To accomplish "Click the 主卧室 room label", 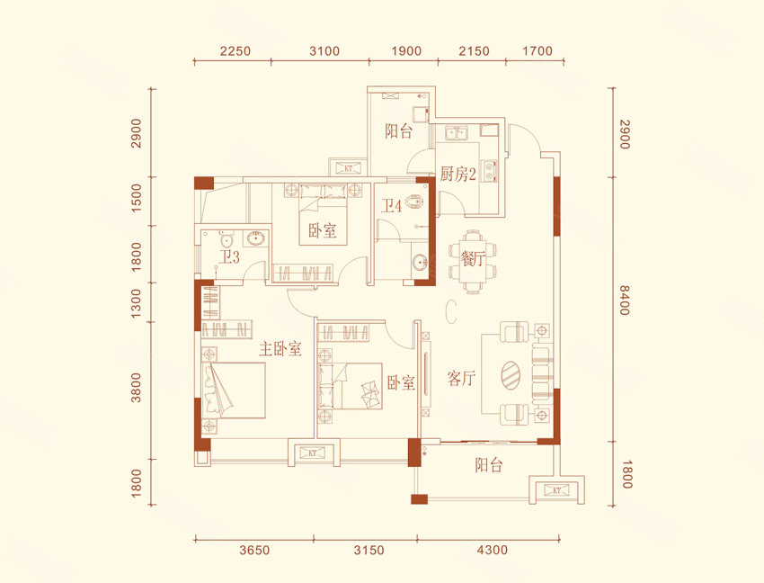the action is [280, 349].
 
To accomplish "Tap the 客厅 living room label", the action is [461, 378].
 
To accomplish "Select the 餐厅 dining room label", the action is [472, 258].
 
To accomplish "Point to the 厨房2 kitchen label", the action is [458, 174].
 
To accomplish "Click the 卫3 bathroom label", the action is [229, 256].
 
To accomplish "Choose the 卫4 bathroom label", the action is [391, 206].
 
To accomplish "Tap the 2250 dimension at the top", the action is [235, 50].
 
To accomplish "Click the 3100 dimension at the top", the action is [324, 50].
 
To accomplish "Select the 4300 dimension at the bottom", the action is [493, 551].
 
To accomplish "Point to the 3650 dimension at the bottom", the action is [254, 551].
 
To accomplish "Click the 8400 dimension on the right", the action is [626, 300].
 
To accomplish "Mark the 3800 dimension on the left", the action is [136, 388].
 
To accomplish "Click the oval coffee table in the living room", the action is [511, 375].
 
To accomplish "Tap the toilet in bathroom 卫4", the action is [413, 202].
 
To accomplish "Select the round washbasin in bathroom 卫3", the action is [256, 238].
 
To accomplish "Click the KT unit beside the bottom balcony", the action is [557, 489].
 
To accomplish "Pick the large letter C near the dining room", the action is [450, 311].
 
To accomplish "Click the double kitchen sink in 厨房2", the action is [456, 132].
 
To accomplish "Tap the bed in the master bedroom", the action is [234, 390].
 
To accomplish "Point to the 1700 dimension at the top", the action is [537, 50].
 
